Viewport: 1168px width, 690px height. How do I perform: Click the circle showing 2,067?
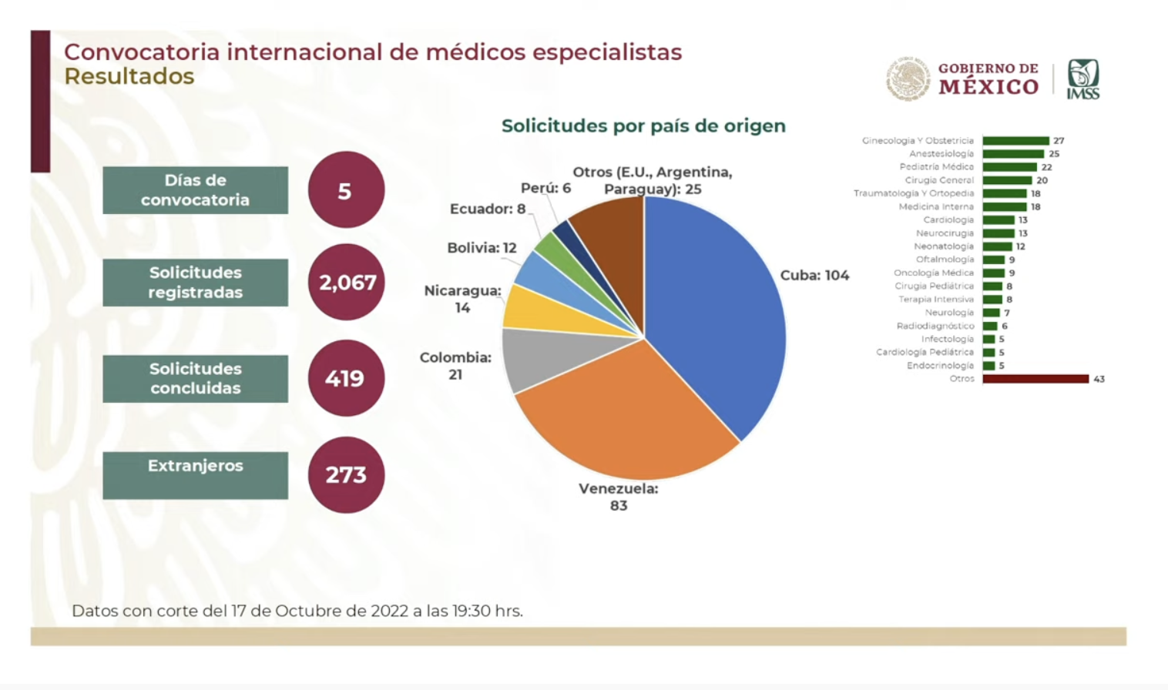tap(346, 282)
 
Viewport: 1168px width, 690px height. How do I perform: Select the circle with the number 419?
tap(346, 378)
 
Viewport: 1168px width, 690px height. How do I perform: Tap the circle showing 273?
tap(346, 474)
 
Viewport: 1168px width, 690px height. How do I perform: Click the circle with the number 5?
tap(346, 189)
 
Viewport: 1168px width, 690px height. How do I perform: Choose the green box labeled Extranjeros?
tap(196, 474)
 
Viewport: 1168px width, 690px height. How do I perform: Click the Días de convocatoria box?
tap(196, 189)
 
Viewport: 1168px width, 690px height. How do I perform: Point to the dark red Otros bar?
tap(1035, 379)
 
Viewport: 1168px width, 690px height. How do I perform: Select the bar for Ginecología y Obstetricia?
tap(1015, 141)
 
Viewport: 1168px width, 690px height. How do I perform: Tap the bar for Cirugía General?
tap(1007, 180)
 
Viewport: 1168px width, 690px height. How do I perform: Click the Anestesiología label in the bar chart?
tap(941, 154)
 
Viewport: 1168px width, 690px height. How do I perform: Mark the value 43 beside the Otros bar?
tap(1099, 379)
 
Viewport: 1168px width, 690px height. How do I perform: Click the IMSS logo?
tap(1082, 79)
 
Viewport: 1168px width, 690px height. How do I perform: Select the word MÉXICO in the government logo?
tap(988, 88)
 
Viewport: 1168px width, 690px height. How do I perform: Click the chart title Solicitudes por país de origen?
tap(643, 126)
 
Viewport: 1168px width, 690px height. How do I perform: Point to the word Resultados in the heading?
tap(129, 76)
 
